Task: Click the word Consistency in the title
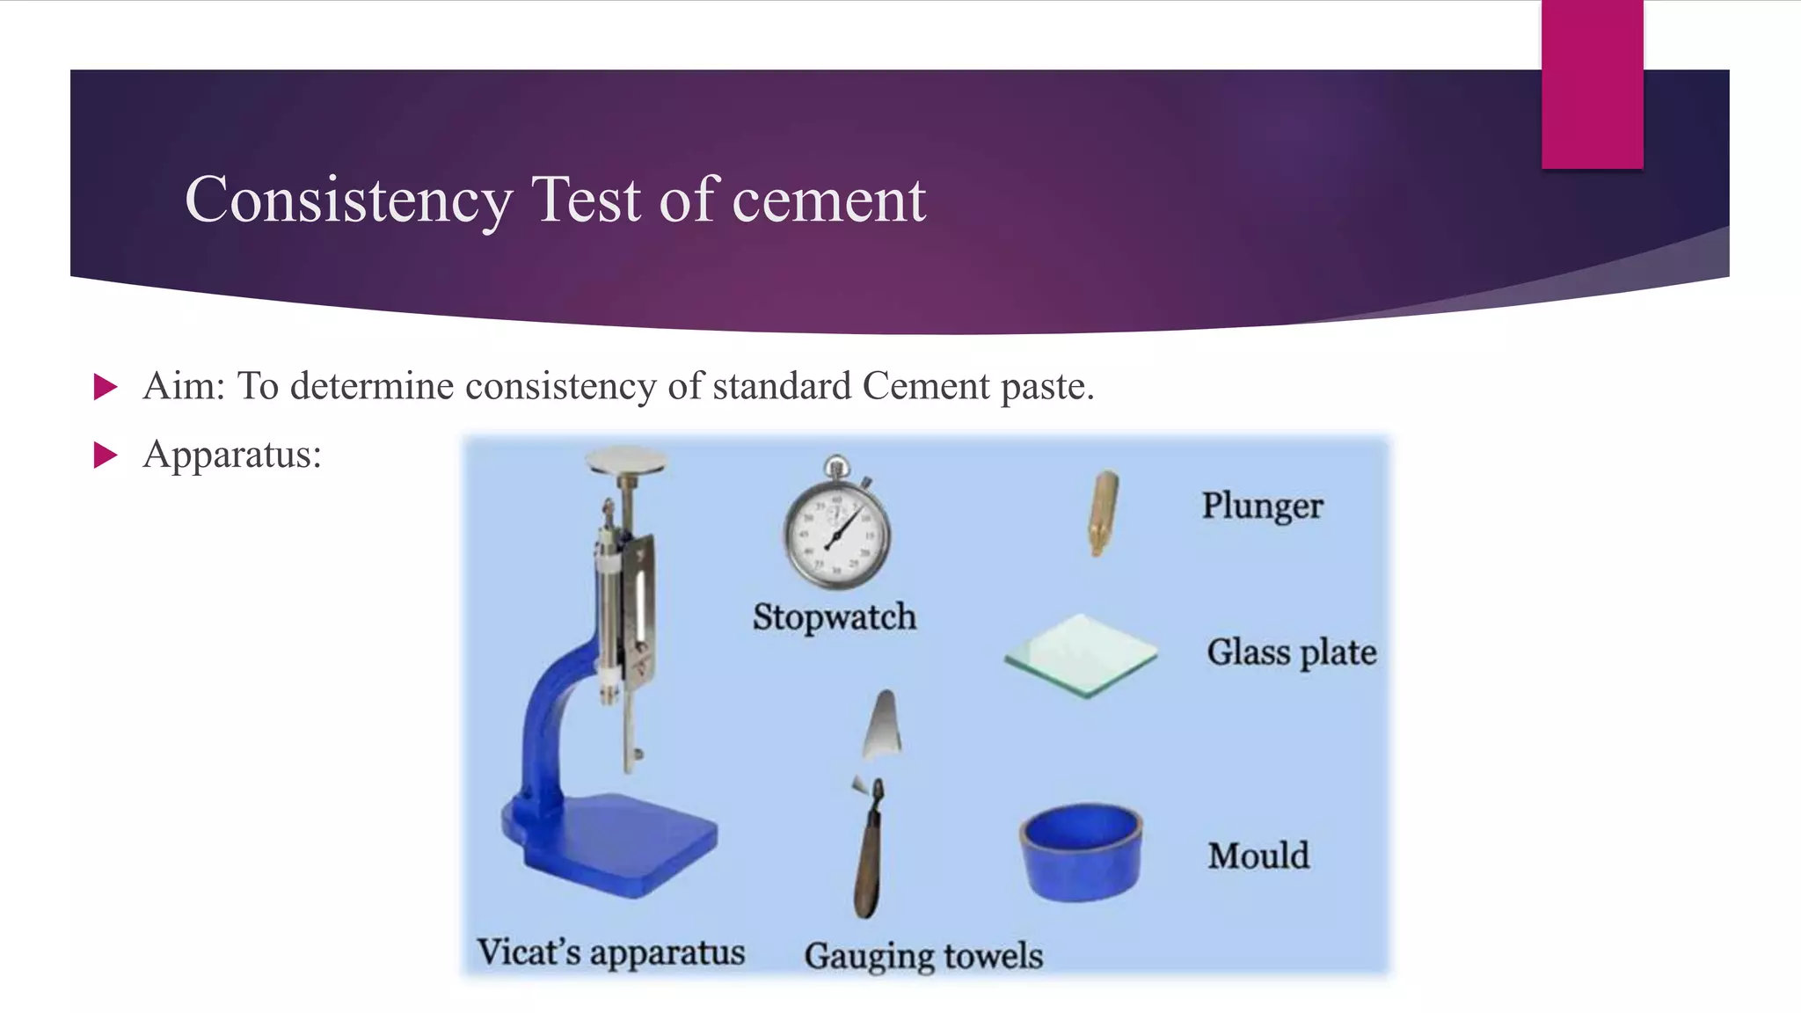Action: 348,200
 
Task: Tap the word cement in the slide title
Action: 828,200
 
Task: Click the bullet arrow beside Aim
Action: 106,387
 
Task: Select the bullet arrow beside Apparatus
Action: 106,455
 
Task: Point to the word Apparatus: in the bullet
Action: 232,455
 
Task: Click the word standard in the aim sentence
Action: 782,386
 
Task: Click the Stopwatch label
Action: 834,616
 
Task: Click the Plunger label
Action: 1262,506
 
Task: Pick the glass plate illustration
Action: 1081,655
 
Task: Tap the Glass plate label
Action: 1291,652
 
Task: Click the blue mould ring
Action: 1081,851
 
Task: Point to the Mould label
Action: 1258,856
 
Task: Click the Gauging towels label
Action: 923,956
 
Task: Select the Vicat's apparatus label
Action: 610,952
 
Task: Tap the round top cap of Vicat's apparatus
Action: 626,460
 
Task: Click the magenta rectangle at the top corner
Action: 1592,84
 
